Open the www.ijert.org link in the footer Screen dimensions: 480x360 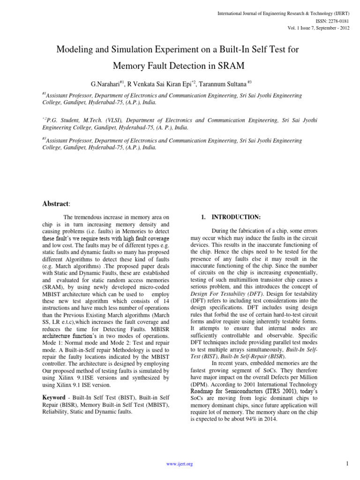coord(180,464)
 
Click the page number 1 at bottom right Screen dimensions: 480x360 coord(346,464)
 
